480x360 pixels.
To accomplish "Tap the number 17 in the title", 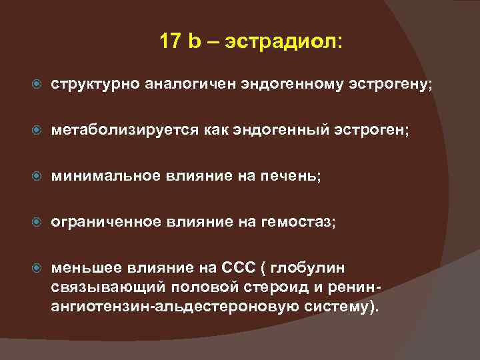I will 170,41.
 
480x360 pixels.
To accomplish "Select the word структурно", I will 93,85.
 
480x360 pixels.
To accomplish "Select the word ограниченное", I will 106,221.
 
